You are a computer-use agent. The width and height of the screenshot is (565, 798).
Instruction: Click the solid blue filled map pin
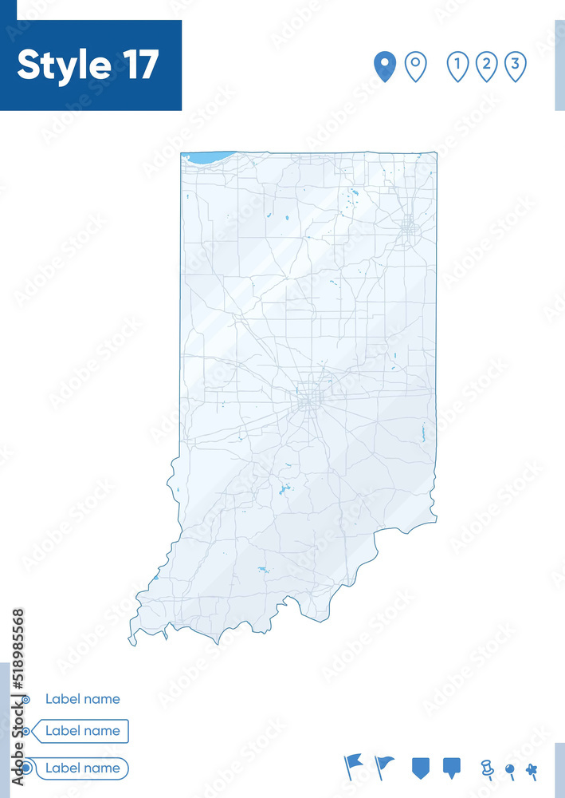(x=385, y=65)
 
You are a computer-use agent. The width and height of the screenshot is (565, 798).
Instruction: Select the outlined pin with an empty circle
(x=415, y=65)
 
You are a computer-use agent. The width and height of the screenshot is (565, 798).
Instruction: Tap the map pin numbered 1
(x=457, y=65)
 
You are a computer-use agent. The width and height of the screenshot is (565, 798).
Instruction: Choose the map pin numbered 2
(x=487, y=65)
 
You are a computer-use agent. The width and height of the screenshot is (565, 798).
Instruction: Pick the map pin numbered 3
(x=516, y=65)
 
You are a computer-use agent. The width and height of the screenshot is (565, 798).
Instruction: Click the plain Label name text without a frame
(x=83, y=699)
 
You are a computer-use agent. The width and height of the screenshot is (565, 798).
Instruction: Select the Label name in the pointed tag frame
(x=83, y=730)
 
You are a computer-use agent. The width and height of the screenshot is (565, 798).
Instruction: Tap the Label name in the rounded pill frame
(x=83, y=768)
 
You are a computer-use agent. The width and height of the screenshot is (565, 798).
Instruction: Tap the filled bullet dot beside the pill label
(x=26, y=768)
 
